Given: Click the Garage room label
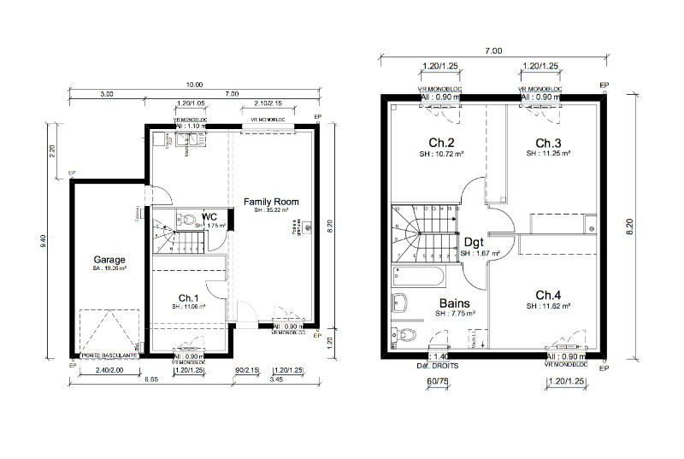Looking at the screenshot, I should click(109, 260).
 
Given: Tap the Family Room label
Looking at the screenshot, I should click(265, 202).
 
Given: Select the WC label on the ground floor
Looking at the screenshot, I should click(209, 217).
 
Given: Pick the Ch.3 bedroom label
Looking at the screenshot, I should click(548, 143).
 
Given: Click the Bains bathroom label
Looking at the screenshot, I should click(453, 303).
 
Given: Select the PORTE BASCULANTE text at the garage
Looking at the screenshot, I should click(109, 355).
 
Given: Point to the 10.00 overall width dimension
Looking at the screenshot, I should click(195, 84).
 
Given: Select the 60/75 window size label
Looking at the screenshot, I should click(437, 383).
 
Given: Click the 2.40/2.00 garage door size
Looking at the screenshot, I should click(109, 370).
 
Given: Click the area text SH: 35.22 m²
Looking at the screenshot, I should click(271, 210).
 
